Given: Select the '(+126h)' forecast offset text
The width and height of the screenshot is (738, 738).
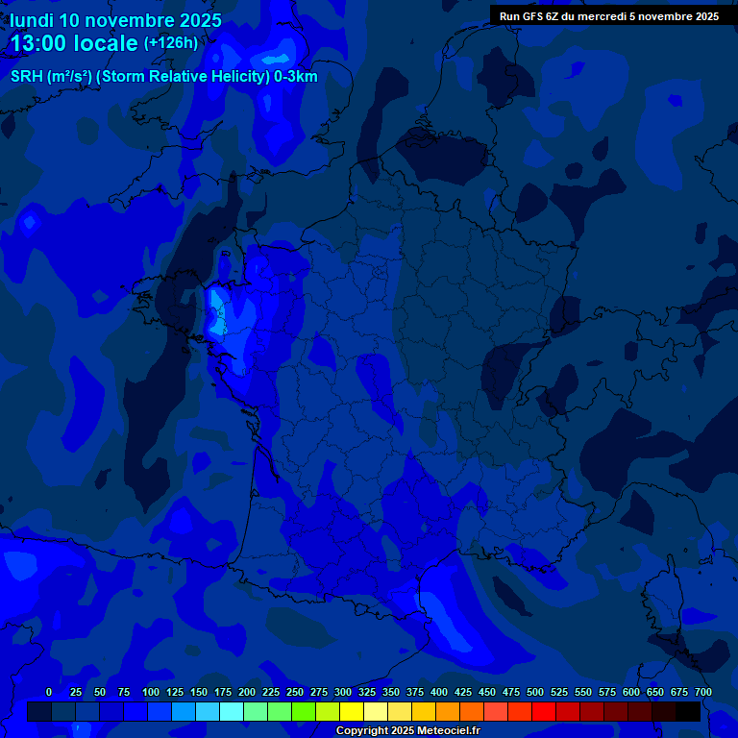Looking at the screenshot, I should point(171,43).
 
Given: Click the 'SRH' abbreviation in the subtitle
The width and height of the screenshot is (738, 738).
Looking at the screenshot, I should point(27,77).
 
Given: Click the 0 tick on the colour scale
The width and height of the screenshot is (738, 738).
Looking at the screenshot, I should point(49,692).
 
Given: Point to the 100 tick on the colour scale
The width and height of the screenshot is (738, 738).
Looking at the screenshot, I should point(151,692).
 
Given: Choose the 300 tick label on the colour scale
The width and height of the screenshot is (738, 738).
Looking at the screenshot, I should point(343,692).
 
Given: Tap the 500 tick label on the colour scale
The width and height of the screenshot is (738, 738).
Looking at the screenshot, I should point(535,692).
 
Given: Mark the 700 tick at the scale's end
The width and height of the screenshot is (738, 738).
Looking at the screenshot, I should point(702,692).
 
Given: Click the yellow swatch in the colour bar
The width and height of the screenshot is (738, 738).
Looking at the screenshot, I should point(352,711).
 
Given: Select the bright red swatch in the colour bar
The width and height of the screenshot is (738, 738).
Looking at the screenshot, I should point(544,711).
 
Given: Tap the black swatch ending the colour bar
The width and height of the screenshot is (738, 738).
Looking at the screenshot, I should point(688,711).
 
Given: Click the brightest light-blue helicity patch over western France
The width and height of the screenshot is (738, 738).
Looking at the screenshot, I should point(219,312).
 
